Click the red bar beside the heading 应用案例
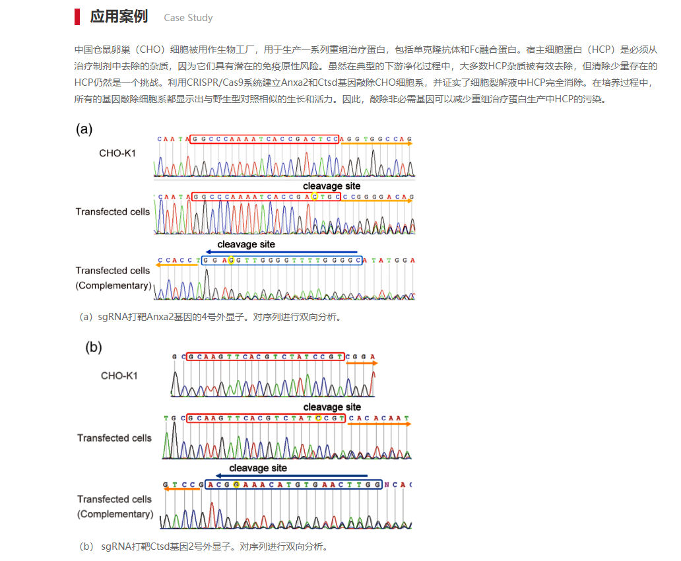click(x=78, y=17)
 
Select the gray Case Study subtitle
click(x=188, y=18)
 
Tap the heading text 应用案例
click(x=119, y=17)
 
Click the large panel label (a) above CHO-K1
click(x=84, y=129)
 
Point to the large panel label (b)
click(x=94, y=347)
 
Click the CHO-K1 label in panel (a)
click(x=117, y=154)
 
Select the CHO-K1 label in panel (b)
click(x=119, y=376)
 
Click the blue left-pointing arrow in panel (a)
click(x=280, y=252)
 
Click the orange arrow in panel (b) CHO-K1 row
click(x=362, y=363)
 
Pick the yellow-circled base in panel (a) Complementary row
click(x=230, y=260)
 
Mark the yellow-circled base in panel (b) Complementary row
click(x=236, y=484)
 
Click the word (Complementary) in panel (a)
click(x=113, y=286)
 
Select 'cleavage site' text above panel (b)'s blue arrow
click(x=258, y=468)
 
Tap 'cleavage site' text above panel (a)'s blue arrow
click(x=246, y=244)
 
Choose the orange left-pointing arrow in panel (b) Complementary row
click(x=181, y=488)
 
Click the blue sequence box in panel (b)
click(x=294, y=484)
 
